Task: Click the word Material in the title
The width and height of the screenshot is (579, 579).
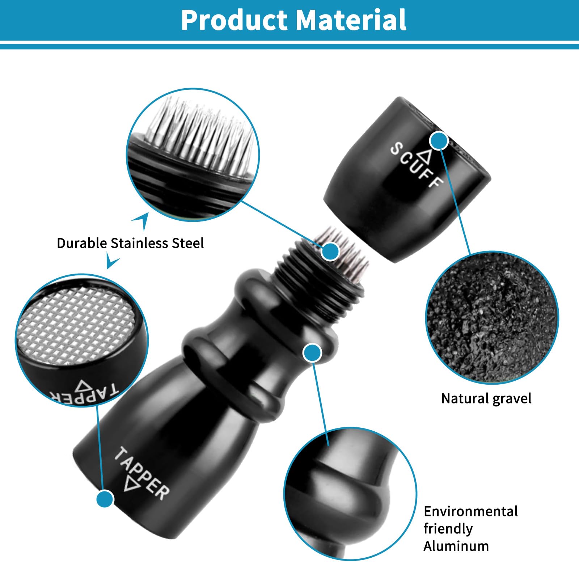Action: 351,20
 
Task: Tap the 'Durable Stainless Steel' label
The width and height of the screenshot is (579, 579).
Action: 130,243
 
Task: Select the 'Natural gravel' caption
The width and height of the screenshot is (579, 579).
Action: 486,399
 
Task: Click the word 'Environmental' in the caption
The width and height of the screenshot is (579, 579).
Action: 470,511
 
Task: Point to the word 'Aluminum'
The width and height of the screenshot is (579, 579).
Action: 456,546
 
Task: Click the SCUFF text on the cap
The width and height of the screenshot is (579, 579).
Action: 416,165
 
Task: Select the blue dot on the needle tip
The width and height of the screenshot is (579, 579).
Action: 330,251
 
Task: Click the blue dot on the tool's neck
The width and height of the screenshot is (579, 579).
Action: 312,353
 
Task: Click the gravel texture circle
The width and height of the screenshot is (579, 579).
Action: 492,317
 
